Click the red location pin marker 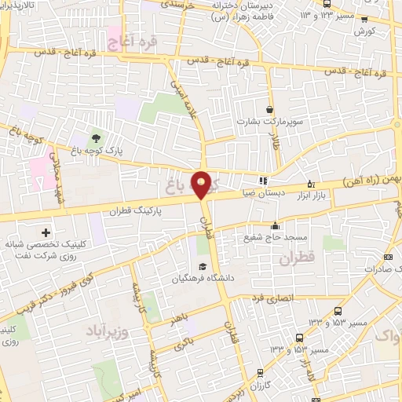pos(203,184)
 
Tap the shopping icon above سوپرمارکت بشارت pos(271,110)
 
